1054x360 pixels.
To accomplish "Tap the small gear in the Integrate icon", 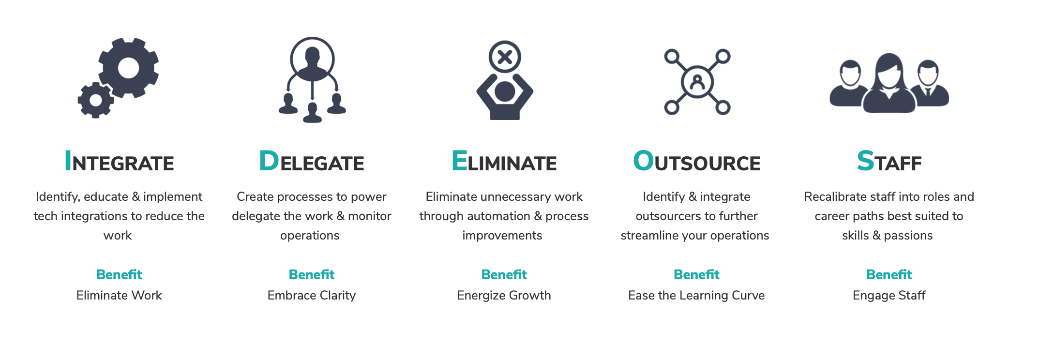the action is click(x=96, y=100).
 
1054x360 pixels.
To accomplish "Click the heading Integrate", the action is click(x=119, y=161).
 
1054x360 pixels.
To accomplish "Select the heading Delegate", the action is click(x=312, y=161).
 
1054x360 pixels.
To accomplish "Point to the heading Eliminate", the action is click(x=504, y=161).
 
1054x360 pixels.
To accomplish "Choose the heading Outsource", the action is click(x=696, y=161).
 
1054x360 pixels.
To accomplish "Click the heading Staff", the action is click(x=889, y=161).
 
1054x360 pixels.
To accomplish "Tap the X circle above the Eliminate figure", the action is click(x=505, y=57).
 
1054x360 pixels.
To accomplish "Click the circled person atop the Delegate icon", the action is click(x=313, y=59).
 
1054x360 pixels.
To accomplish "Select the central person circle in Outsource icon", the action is click(x=697, y=81).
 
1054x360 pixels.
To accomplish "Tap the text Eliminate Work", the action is click(x=119, y=295).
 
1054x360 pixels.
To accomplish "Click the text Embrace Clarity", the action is click(x=312, y=295).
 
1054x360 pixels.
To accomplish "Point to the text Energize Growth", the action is click(x=504, y=295).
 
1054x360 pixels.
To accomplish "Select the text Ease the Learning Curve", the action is click(x=696, y=295).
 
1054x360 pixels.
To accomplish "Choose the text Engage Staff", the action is click(x=889, y=295).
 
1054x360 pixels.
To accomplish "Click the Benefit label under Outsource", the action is click(x=696, y=274).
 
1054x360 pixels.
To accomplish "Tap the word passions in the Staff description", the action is click(x=908, y=236).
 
